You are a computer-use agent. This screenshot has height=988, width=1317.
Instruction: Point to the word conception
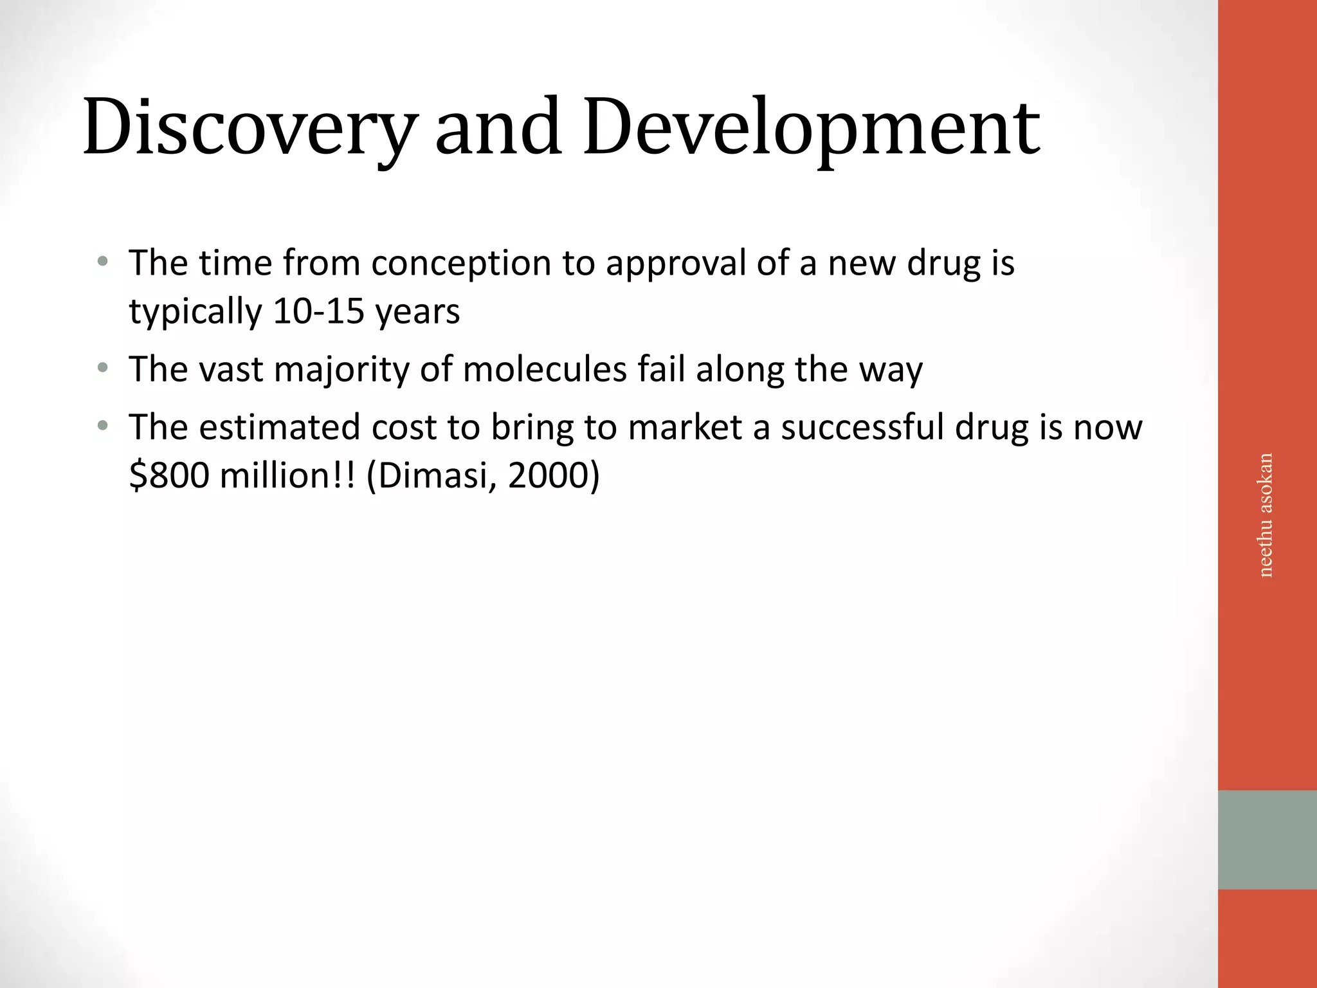[461, 263]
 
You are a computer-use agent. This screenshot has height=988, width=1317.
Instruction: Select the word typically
[195, 311]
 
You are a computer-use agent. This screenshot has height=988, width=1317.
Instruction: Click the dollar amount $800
[169, 475]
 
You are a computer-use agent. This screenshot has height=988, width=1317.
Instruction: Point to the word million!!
[287, 475]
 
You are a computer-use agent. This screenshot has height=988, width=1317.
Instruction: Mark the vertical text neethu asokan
[1265, 515]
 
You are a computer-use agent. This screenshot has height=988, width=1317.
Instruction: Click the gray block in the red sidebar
[1267, 839]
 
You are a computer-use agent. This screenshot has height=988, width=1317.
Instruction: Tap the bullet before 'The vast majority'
[102, 369]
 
